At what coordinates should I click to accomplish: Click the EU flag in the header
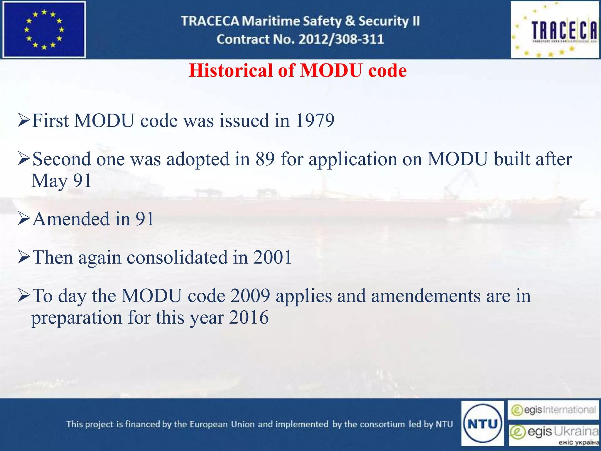pos(44,29)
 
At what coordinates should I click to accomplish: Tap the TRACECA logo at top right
pos(555,29)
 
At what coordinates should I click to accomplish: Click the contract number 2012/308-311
pos(341,39)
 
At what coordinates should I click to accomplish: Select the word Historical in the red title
pos(231,71)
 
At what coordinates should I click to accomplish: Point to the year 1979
pos(315,121)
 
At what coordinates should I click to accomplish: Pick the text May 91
pos(61,181)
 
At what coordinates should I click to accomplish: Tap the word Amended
pos(71,219)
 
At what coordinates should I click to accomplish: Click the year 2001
pos(272,258)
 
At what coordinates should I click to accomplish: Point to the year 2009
pos(250,296)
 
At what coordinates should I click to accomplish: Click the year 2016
pos(249,318)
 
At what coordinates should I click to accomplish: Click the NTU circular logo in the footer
pos(482,423)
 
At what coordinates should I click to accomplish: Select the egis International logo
pos(553,410)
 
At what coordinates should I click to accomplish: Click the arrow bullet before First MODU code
pos(24,121)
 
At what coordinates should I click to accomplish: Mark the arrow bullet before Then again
pos(24,258)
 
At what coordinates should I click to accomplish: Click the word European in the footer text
pos(209,424)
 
